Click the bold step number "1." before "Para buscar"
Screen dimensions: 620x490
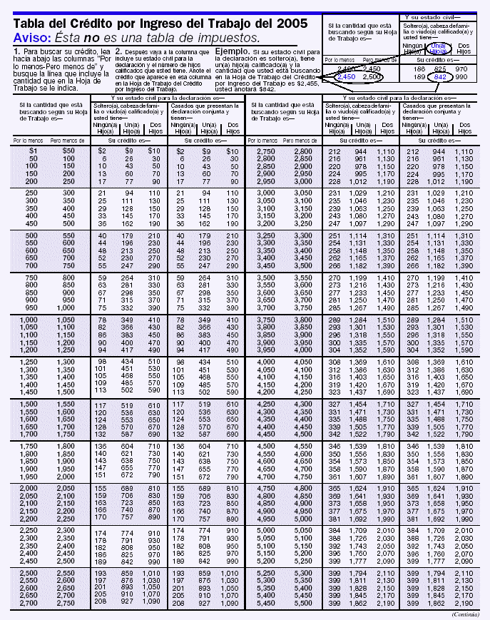pyautogui.click(x=17, y=52)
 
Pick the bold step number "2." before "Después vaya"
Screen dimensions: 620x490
pyautogui.click(x=118, y=52)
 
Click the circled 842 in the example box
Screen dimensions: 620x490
pyautogui.click(x=440, y=76)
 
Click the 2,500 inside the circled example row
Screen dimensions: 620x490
pyautogui.click(x=371, y=76)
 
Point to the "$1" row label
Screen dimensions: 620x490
pyautogui.click(x=33, y=151)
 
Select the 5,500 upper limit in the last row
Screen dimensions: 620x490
pyautogui.click(x=302, y=603)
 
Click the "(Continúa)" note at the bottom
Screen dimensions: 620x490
pyautogui.click(x=466, y=614)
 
